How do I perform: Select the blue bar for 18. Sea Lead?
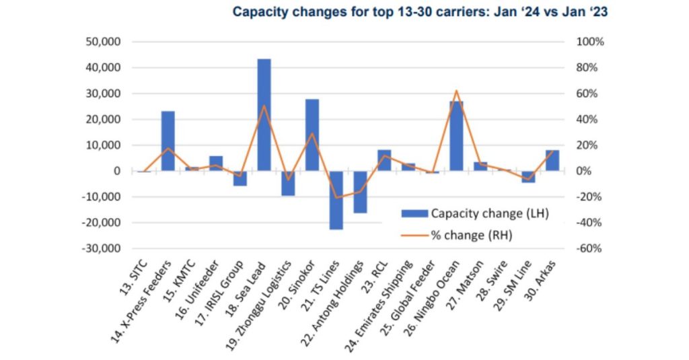tap(264, 114)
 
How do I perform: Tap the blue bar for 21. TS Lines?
tap(336, 200)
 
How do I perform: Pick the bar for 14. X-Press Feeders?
tap(168, 141)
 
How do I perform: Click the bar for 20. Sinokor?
tap(312, 135)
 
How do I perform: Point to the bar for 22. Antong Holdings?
tap(360, 192)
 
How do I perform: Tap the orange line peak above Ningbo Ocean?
tap(456, 90)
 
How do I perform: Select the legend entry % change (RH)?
tap(474, 235)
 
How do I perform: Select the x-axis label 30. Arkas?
tap(543, 276)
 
